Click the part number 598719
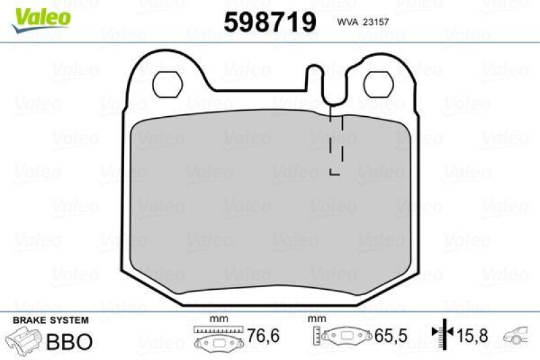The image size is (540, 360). [270, 23]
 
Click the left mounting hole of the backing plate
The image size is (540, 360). [165, 84]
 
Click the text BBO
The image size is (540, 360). [68, 340]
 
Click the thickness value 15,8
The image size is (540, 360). [472, 335]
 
